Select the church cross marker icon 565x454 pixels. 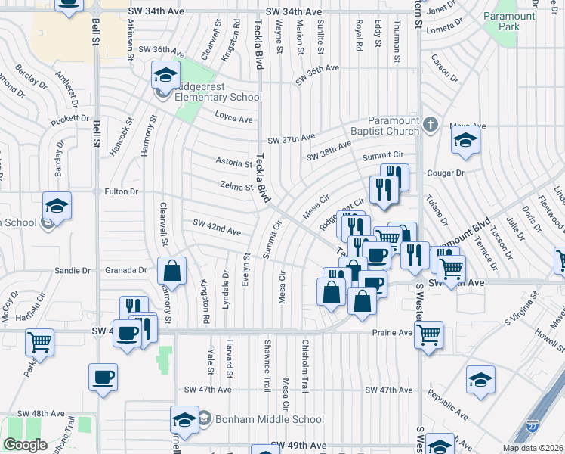431,125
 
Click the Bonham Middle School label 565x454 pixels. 268,419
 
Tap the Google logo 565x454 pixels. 25,445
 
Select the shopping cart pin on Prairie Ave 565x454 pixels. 428,334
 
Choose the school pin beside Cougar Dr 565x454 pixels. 465,141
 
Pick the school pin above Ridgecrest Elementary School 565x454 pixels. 165,75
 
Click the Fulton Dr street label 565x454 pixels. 122,192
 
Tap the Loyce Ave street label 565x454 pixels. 233,120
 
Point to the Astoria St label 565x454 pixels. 233,163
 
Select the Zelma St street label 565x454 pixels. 236,186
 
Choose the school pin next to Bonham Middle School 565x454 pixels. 184,419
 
